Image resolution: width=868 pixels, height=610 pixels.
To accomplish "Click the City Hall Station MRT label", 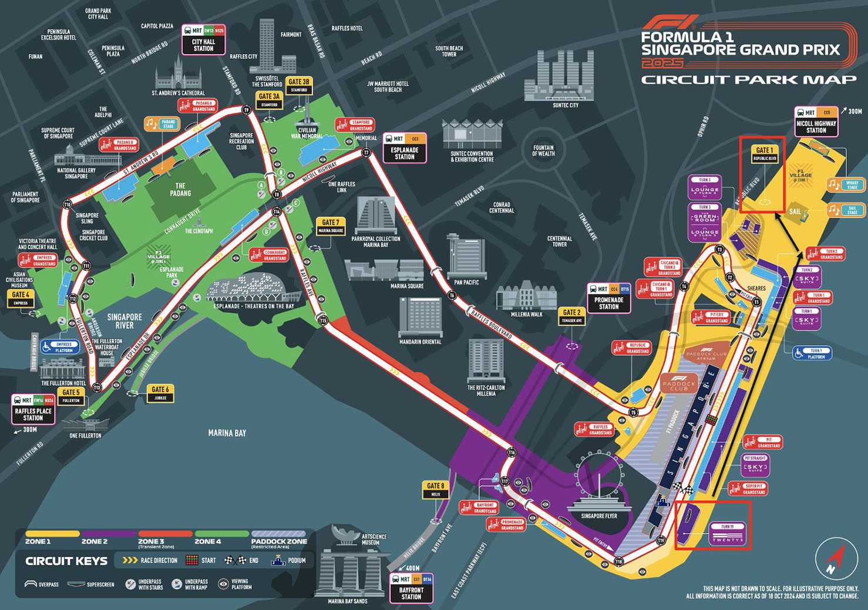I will [x=203, y=40].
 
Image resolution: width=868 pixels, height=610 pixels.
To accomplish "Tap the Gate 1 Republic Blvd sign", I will [x=764, y=154].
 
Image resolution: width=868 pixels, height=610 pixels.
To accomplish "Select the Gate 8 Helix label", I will [x=435, y=490].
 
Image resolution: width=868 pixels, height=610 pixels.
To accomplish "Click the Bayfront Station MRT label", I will [x=411, y=588].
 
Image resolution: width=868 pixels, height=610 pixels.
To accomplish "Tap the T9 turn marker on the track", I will [x=247, y=110].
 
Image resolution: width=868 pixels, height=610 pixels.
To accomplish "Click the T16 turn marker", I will [x=512, y=452].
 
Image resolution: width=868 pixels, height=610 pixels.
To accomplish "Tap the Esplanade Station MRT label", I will [x=405, y=148].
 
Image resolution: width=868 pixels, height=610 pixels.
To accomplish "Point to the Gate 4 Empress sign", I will [x=21, y=299].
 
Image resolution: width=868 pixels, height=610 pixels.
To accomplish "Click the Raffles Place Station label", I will [x=33, y=409].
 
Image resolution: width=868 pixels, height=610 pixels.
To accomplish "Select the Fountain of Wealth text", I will [x=543, y=151].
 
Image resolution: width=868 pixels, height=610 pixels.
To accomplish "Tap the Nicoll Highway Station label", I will [x=816, y=122].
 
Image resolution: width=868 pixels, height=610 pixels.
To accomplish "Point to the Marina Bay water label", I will [x=227, y=433].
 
